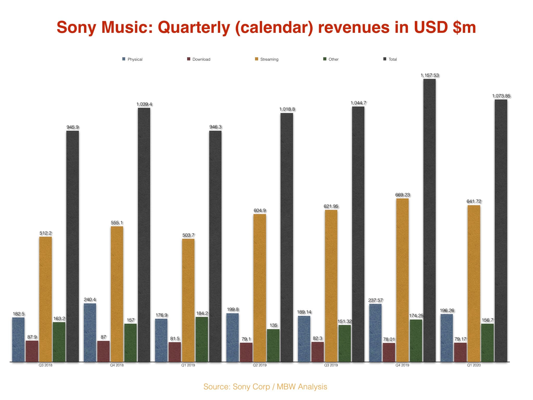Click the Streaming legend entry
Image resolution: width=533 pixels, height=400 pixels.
point(269,59)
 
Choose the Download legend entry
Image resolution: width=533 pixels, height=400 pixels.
point(201,59)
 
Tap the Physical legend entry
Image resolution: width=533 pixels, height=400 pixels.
point(135,59)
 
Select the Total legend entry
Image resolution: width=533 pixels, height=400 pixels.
point(392,59)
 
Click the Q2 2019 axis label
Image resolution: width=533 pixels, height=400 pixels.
point(259,365)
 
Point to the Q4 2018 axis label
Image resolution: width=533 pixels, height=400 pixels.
point(117,365)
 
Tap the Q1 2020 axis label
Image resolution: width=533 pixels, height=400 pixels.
point(474,365)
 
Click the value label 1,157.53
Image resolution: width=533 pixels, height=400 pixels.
point(429,75)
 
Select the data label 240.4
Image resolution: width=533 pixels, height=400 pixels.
point(90,299)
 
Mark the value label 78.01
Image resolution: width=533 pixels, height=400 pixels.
point(389,339)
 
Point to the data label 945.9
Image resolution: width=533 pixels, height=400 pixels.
point(73,127)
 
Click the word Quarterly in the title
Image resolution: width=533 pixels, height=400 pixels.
point(194,27)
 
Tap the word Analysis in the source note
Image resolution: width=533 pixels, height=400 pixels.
point(312,387)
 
